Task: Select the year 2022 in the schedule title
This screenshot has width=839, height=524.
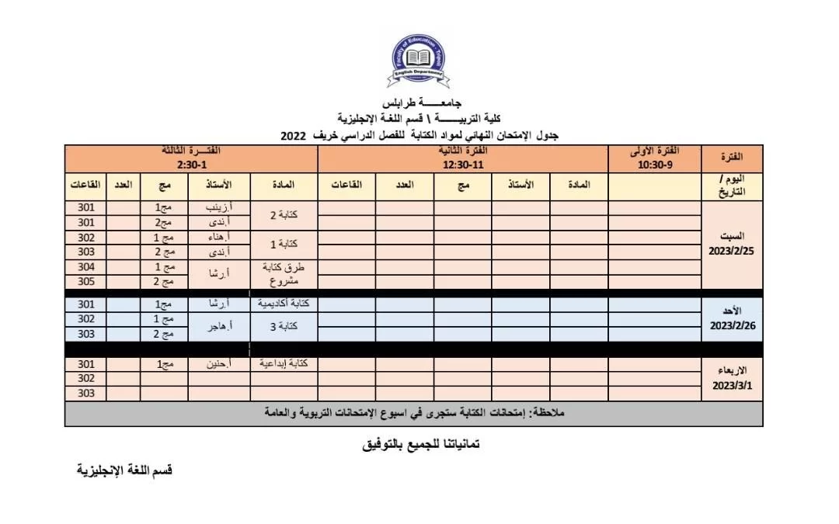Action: [x=294, y=136]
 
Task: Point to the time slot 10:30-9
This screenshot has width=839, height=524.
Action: [x=654, y=165]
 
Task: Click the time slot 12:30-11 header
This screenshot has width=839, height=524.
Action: [x=463, y=165]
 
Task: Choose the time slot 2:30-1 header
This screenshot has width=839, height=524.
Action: [x=191, y=165]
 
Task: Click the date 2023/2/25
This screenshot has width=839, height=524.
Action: [x=732, y=252]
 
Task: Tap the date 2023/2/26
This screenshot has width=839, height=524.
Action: [x=732, y=326]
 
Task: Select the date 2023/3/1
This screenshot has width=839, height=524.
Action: [x=732, y=385]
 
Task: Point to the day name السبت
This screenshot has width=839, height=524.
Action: [x=733, y=236]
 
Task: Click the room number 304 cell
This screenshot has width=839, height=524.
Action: [x=86, y=266]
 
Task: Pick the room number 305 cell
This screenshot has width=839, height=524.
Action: [x=86, y=281]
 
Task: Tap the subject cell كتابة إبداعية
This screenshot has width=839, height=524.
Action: [x=284, y=363]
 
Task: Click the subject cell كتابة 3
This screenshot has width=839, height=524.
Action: [x=284, y=327]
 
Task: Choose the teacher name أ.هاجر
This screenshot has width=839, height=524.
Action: [x=219, y=327]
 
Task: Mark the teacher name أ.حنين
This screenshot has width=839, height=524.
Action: [x=219, y=363]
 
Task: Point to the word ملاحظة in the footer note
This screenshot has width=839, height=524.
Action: [x=548, y=412]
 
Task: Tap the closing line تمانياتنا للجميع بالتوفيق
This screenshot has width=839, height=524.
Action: [x=420, y=446]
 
